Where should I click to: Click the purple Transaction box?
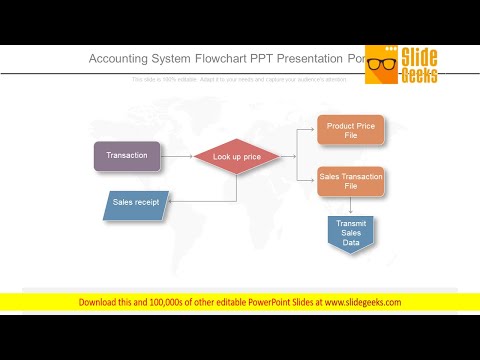127,156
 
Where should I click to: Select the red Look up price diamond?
237,157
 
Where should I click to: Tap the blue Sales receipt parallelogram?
137,203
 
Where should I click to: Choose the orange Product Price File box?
350,131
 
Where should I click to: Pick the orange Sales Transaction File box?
350,182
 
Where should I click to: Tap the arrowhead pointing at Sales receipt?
173,202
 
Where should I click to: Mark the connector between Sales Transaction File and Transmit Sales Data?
350,205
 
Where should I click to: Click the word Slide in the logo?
421,56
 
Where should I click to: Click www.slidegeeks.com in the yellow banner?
360,301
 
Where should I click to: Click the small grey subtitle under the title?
239,79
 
